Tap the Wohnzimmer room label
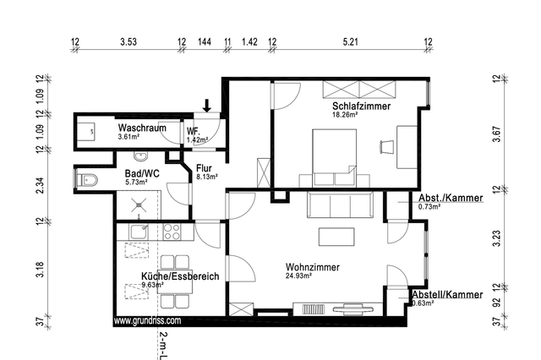click(x=313, y=267)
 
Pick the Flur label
click(x=205, y=167)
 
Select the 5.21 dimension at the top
click(x=350, y=41)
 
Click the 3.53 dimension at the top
click(x=128, y=41)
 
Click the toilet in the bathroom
click(x=87, y=179)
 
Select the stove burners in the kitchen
click(x=172, y=230)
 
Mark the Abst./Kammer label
click(x=450, y=198)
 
